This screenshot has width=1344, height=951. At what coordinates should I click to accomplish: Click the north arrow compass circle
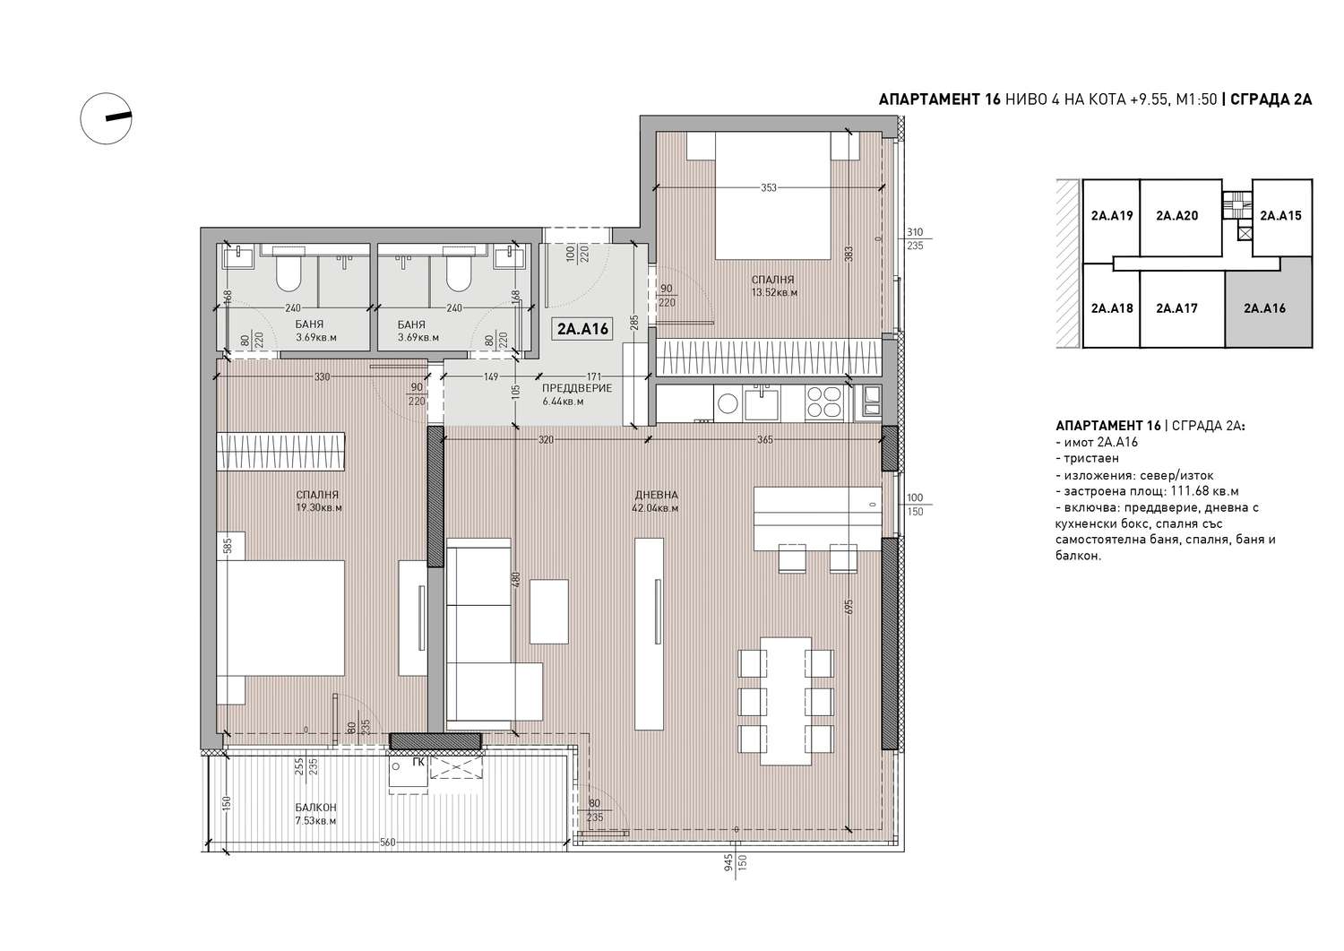(81, 119)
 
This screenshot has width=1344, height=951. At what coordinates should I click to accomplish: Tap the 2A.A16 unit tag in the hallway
(582, 328)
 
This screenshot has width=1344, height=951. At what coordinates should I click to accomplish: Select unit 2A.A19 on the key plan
(1111, 216)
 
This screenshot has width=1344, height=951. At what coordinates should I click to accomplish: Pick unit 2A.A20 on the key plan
(1176, 216)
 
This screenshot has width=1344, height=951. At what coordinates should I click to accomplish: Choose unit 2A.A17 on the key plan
(1176, 308)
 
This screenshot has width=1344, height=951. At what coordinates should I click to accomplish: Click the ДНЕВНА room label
(657, 495)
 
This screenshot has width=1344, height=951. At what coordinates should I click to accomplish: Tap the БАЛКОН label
(315, 808)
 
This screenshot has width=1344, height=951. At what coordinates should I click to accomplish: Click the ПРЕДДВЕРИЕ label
(577, 388)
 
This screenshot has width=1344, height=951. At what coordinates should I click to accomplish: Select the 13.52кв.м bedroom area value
(775, 293)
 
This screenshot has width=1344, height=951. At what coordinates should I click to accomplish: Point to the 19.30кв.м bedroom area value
(319, 507)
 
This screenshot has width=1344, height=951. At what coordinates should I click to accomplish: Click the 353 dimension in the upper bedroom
(769, 187)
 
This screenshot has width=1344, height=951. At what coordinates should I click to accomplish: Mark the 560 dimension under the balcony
(388, 843)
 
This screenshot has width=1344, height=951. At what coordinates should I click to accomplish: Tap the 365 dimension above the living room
(764, 440)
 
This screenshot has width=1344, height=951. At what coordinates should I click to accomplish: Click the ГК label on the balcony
(418, 763)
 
